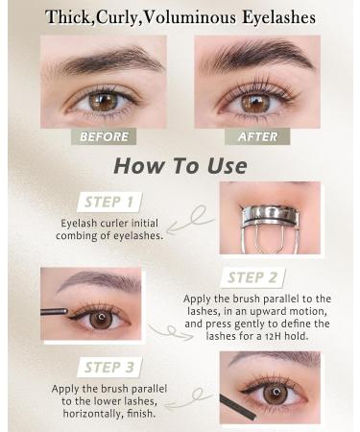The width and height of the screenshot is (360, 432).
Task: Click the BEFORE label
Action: tap(103, 136)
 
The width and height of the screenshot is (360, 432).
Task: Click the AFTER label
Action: tap(256, 136)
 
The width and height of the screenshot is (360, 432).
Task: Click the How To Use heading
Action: tap(180, 164)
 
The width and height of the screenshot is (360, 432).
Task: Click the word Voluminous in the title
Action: tap(212, 17)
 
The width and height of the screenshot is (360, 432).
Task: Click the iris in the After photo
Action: tap(254, 100)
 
